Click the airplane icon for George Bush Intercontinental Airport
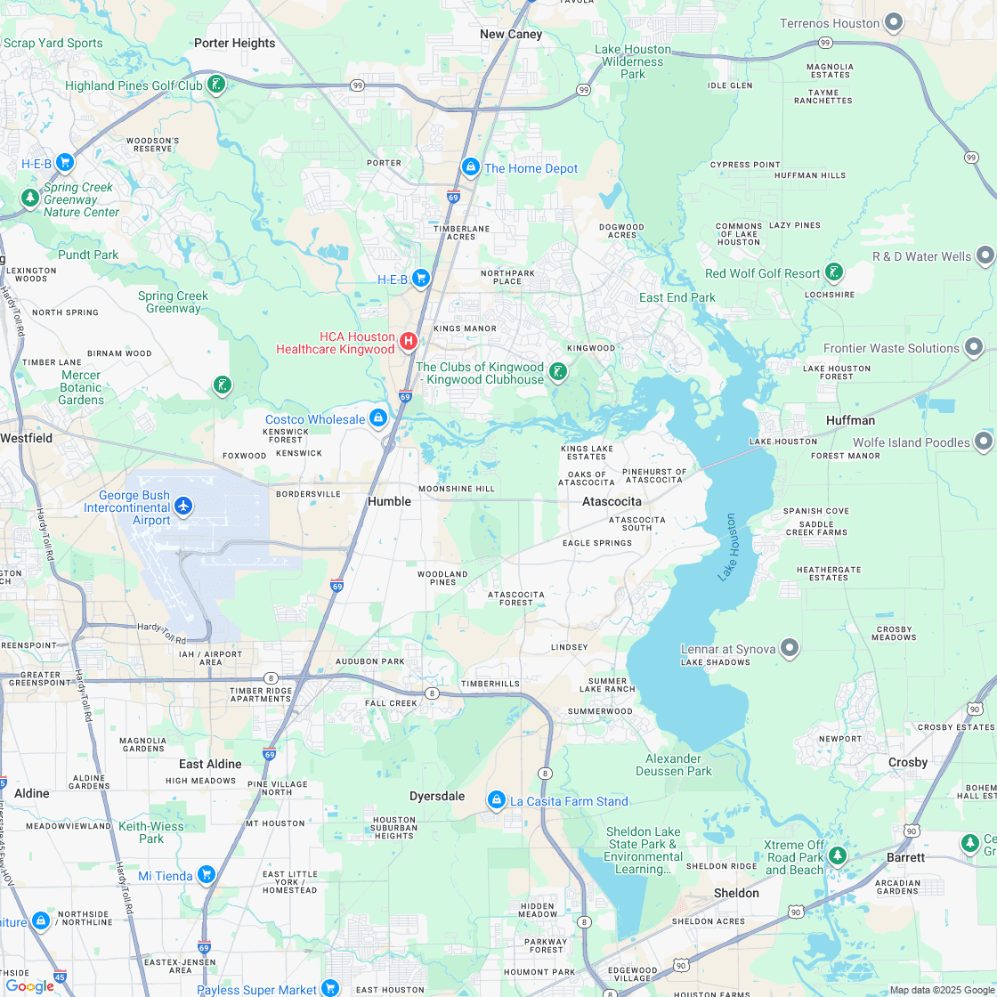(183, 506)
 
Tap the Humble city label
(390, 501)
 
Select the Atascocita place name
(612, 501)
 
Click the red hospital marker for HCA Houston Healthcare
(409, 340)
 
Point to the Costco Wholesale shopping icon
(378, 417)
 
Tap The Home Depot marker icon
(470, 166)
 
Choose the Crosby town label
(908, 762)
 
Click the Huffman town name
(850, 420)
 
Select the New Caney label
(511, 34)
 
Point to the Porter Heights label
(235, 43)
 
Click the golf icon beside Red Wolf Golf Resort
(834, 272)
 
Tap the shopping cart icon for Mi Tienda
(207, 874)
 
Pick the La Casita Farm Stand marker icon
(496, 800)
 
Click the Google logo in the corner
(29, 985)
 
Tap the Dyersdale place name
(437, 796)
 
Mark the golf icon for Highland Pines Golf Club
(215, 85)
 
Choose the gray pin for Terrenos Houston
(894, 22)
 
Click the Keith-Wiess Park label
(151, 832)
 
